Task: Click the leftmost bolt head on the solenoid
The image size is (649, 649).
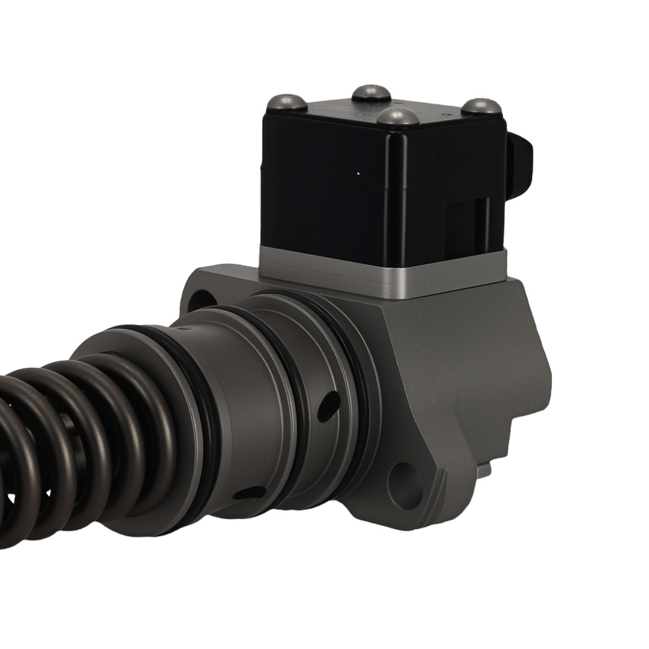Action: (x=286, y=102)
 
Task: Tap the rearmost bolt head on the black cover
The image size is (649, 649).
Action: (x=371, y=93)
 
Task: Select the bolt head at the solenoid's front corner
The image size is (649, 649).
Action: (x=397, y=117)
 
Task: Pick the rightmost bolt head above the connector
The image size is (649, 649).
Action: (x=482, y=106)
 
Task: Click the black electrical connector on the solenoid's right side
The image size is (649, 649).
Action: (x=520, y=162)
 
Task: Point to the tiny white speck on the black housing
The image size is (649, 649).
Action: (x=358, y=174)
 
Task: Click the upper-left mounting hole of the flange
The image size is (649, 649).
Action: (x=201, y=300)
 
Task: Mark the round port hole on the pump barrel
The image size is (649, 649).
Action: (x=328, y=408)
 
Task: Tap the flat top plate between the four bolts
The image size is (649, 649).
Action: (x=383, y=107)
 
